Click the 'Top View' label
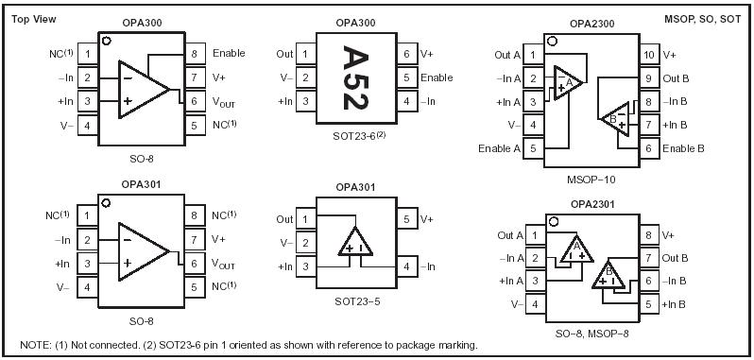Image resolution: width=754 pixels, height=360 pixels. pyautogui.click(x=35, y=20)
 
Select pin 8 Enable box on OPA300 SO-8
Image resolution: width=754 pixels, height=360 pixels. pyautogui.click(x=193, y=54)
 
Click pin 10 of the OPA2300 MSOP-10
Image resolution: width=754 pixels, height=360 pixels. pyautogui.click(x=649, y=56)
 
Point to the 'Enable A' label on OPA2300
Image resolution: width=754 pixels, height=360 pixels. pyautogui.click(x=499, y=148)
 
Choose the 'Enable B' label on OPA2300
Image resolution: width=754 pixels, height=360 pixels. pyautogui.click(x=682, y=148)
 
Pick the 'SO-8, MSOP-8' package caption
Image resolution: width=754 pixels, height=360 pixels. pyautogui.click(x=592, y=326)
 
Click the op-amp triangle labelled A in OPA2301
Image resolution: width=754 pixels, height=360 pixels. pyautogui.click(x=574, y=249)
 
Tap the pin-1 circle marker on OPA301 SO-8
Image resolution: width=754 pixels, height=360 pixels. pyautogui.click(x=106, y=202)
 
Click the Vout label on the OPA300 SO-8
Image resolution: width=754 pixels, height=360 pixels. pyautogui.click(x=223, y=101)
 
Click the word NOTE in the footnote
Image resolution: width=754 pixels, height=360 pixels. pyautogui.click(x=35, y=344)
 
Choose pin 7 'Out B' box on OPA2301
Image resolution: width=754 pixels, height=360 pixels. pyautogui.click(x=649, y=258)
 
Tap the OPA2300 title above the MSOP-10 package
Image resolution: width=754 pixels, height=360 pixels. pyautogui.click(x=591, y=22)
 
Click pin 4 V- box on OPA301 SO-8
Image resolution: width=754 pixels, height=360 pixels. pyautogui.click(x=87, y=286)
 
